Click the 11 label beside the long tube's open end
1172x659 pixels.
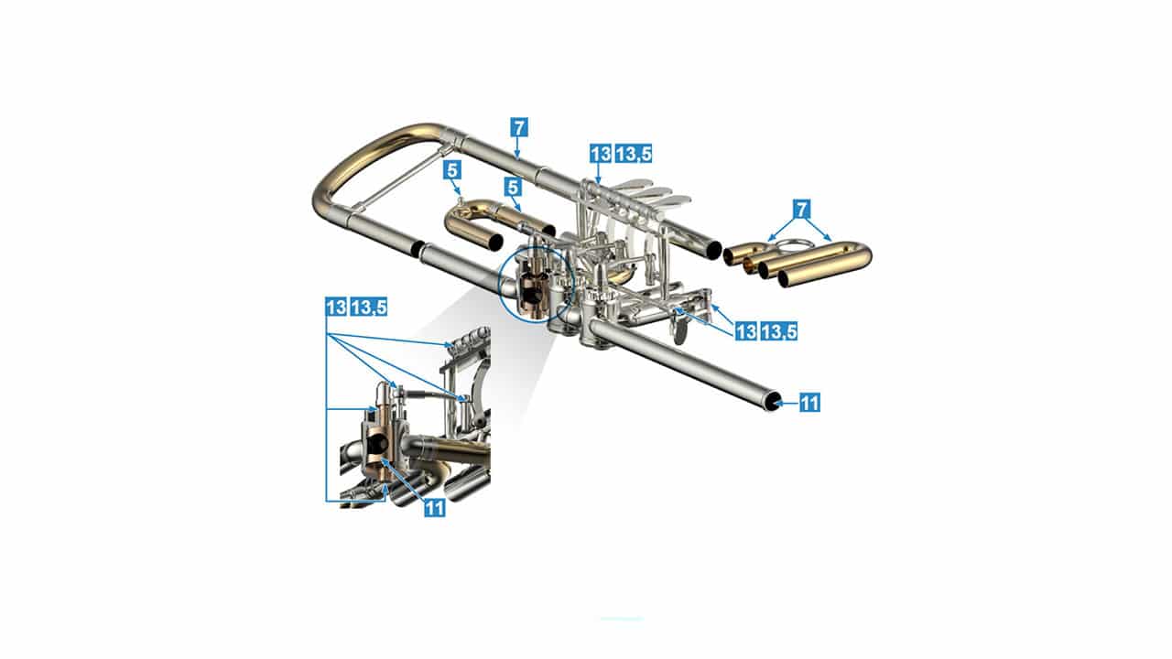pyautogui.click(x=809, y=403)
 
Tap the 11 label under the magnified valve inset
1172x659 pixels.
pyautogui.click(x=434, y=507)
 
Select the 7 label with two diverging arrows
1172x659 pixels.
pyautogui.click(x=801, y=210)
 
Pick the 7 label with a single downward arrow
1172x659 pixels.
pyautogui.click(x=518, y=127)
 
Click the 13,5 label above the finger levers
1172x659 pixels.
pyautogui.click(x=633, y=154)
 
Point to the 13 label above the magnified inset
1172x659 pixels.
pyautogui.click(x=336, y=307)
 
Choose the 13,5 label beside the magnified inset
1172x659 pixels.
pyautogui.click(x=368, y=307)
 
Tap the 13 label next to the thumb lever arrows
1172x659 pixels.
pyautogui.click(x=746, y=331)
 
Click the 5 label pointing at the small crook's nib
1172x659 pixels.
pyautogui.click(x=452, y=170)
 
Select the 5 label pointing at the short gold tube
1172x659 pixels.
pyautogui.click(x=513, y=188)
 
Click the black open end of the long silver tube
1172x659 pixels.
pyautogui.click(x=771, y=403)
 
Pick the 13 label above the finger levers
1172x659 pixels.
pyautogui.click(x=601, y=154)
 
